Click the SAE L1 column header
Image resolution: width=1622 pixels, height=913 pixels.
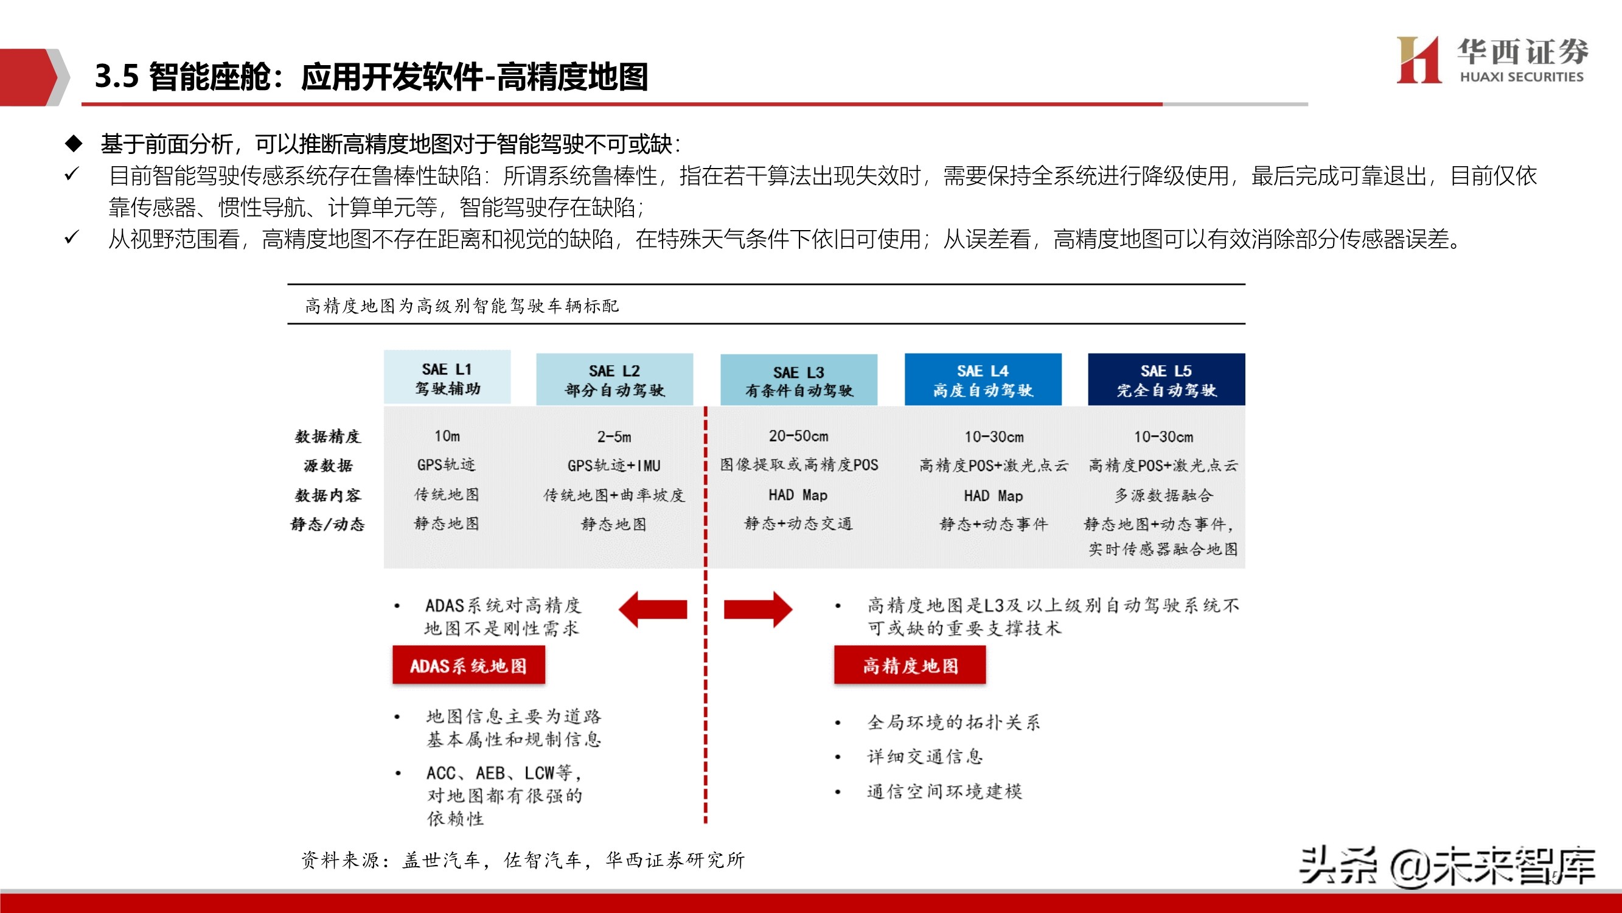tap(447, 377)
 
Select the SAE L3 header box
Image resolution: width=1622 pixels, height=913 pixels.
tap(798, 380)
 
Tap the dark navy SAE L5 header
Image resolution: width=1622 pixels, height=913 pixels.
tap(1166, 379)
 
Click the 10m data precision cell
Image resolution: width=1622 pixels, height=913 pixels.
tap(447, 436)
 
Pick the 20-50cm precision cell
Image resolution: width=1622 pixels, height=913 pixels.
tap(798, 436)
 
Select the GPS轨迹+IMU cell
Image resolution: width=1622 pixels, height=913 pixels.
tap(614, 466)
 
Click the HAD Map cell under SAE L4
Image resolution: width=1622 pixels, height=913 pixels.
tap(993, 496)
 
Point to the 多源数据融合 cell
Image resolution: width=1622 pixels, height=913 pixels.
tap(1164, 495)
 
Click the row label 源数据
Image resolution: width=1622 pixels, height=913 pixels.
tap(328, 466)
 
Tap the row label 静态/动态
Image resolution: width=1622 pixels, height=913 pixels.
tap(328, 524)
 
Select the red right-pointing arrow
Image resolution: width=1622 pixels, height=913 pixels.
tap(757, 609)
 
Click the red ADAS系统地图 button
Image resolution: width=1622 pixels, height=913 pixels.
tap(468, 665)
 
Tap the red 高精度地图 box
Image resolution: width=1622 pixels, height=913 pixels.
tap(910, 665)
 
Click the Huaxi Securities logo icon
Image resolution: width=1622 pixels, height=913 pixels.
tap(1418, 60)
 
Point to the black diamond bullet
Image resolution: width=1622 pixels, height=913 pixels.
tap(74, 144)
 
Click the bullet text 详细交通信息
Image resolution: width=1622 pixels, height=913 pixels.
tap(924, 756)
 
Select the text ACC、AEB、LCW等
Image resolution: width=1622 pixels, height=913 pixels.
tap(504, 773)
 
